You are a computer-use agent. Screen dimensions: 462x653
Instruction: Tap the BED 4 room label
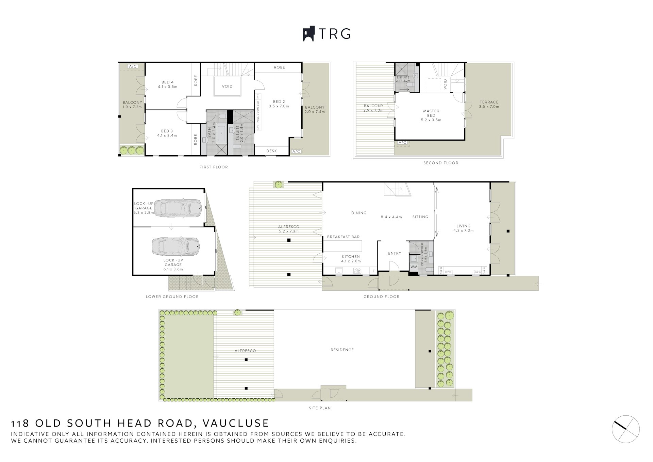click(x=167, y=84)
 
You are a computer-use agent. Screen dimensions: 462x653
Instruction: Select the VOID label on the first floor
click(x=227, y=86)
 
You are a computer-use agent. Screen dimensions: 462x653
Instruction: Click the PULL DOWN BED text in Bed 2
click(x=258, y=112)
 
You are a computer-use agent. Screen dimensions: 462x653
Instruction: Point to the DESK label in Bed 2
click(x=271, y=151)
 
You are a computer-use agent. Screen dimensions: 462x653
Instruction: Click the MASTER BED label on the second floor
click(x=431, y=115)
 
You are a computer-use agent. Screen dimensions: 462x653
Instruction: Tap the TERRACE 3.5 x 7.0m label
click(x=489, y=104)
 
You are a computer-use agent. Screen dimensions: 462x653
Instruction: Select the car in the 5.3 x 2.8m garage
click(x=178, y=208)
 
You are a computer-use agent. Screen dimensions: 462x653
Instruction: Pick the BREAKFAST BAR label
click(x=343, y=237)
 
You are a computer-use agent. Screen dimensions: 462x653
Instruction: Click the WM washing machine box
click(x=414, y=267)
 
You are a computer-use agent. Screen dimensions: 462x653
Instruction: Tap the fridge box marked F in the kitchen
click(x=373, y=271)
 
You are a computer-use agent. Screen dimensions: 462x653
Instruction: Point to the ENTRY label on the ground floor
click(x=395, y=253)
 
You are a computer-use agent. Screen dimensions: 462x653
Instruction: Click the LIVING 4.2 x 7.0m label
click(x=463, y=228)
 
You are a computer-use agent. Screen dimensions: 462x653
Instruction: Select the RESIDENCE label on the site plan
click(x=342, y=350)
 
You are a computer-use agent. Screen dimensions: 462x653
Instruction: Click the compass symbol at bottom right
click(x=626, y=429)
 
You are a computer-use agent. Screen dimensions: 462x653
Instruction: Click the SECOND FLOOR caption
click(x=440, y=163)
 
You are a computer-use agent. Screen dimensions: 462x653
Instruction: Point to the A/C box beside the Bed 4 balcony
click(x=133, y=66)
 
